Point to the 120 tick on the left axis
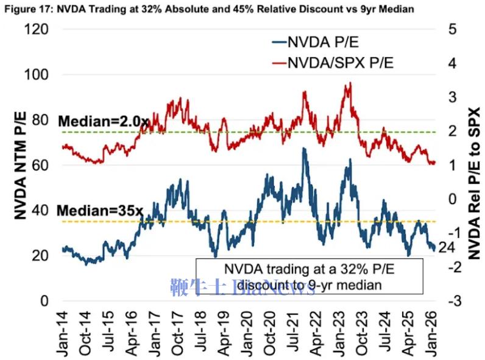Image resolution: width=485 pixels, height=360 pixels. tap(37, 29)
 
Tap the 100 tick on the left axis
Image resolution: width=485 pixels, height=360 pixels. tap(37, 74)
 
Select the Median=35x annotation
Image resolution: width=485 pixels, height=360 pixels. tap(100, 211)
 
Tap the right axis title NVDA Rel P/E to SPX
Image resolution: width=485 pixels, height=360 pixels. tap(475, 183)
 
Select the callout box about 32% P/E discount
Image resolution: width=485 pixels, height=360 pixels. tap(310, 276)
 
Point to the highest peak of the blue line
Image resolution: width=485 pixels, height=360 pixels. tap(303, 148)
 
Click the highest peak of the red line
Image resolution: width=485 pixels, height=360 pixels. tap(350, 83)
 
